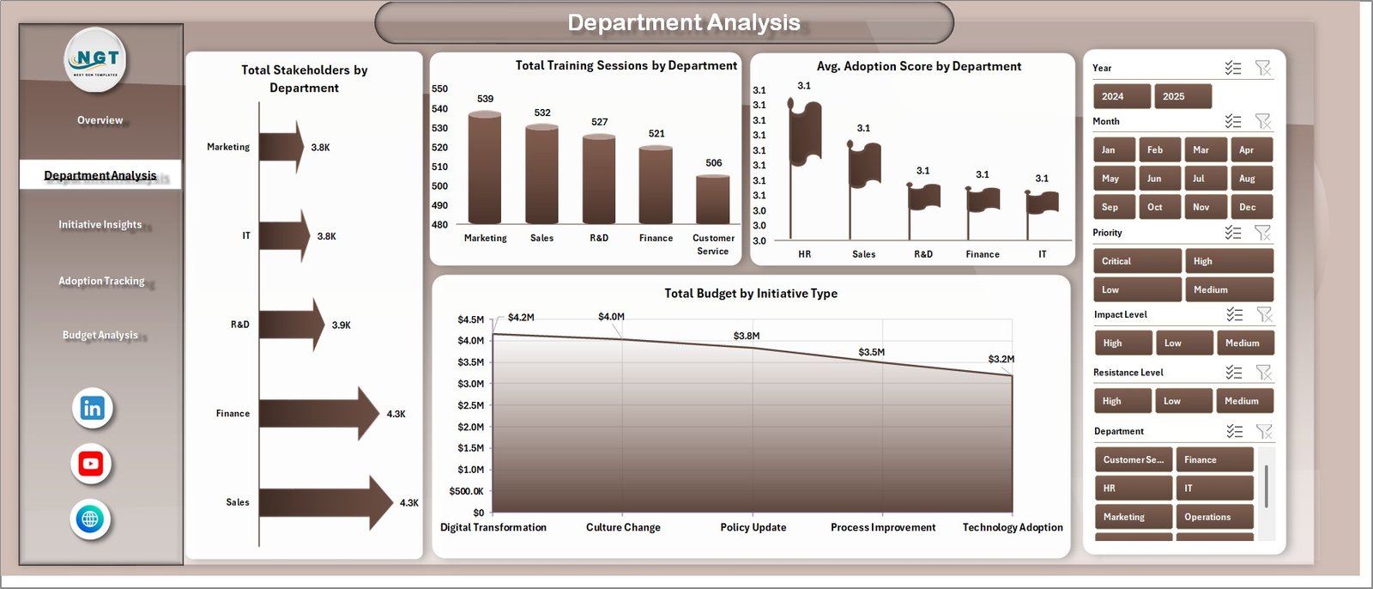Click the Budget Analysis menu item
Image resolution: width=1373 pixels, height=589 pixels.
click(100, 335)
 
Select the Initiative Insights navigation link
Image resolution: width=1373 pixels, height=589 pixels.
click(100, 225)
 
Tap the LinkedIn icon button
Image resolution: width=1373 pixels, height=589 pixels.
click(93, 408)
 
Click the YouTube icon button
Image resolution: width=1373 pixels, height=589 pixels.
click(91, 464)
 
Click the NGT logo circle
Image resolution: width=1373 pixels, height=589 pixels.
click(96, 59)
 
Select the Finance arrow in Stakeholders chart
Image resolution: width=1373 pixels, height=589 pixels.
click(318, 414)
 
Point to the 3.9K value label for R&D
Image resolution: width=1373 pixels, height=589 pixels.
click(342, 325)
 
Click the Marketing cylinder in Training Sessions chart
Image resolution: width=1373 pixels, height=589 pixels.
click(485, 168)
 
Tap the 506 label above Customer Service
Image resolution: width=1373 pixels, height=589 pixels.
click(714, 163)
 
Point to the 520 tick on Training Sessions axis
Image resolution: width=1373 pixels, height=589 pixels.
click(439, 148)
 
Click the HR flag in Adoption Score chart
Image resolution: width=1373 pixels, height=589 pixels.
click(805, 133)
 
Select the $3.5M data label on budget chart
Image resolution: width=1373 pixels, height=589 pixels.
click(871, 352)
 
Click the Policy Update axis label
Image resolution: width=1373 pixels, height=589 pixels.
click(753, 527)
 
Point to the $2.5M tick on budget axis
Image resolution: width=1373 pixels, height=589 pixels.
click(470, 405)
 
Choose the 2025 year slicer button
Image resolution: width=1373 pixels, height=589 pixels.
click(1182, 96)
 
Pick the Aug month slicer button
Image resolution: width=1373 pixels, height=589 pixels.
click(1250, 179)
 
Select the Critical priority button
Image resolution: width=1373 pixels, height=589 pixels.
click(1136, 261)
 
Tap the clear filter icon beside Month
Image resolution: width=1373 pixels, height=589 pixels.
click(1263, 121)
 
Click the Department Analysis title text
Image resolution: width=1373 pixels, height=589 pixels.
click(684, 22)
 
